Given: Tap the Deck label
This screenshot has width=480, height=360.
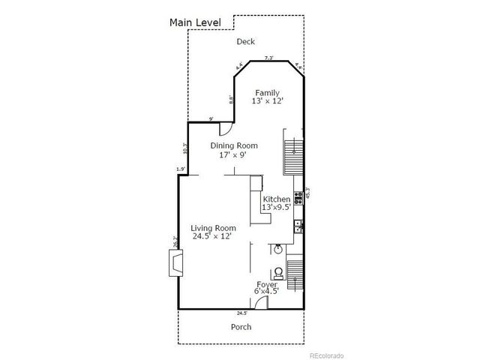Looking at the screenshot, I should click(246, 42).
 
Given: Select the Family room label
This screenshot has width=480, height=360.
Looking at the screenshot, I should click(268, 97).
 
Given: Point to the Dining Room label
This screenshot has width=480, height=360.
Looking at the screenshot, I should click(233, 150).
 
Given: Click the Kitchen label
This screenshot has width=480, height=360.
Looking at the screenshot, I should click(276, 202).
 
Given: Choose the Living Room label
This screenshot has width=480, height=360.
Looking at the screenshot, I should click(214, 232).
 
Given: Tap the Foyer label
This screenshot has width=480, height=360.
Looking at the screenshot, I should click(267, 289).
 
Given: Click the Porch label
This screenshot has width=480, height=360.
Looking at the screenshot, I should click(241, 327).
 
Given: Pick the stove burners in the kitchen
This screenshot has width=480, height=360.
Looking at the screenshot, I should click(298, 199).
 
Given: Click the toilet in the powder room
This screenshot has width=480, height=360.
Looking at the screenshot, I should click(278, 271).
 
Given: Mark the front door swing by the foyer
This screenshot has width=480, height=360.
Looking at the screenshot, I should click(261, 302).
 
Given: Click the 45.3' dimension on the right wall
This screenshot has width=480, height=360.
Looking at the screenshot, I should click(307, 193).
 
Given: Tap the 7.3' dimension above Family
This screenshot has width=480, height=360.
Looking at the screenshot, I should click(268, 58).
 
